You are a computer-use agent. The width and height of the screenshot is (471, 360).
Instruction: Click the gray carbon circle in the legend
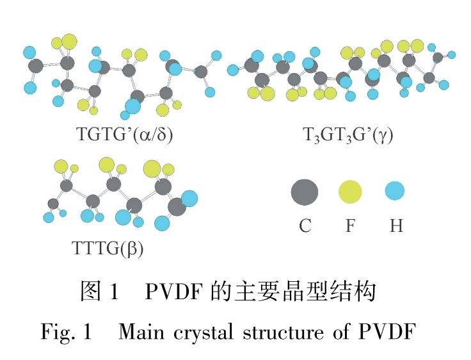(x=305, y=192)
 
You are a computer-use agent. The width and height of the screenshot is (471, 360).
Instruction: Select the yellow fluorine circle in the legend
(x=350, y=192)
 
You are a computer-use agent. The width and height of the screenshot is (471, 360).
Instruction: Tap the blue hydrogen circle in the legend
(x=395, y=191)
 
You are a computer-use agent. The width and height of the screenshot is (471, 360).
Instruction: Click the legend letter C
(x=305, y=225)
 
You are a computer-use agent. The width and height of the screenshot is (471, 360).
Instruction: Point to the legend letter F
(x=350, y=225)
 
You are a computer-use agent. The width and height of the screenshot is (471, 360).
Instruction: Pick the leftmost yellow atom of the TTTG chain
(x=61, y=167)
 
